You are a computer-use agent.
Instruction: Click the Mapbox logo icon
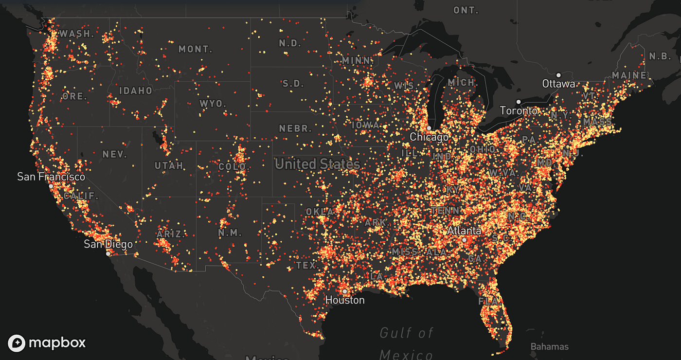point(17,343)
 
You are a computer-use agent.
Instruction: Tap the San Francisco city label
point(51,177)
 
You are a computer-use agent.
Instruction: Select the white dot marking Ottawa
point(559,75)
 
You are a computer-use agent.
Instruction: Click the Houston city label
point(345,300)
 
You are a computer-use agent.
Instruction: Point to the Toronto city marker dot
point(519,102)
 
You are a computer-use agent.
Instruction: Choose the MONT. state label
point(196,49)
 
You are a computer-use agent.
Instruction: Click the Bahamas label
point(549,347)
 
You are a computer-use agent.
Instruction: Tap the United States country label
point(317,164)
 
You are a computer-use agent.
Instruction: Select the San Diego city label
point(108,244)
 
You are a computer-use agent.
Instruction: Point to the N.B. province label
point(660,56)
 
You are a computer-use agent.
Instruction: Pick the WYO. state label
point(213,104)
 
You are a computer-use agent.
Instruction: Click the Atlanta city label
point(464,231)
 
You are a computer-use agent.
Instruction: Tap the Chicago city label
point(429,137)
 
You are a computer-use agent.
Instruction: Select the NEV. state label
point(115,154)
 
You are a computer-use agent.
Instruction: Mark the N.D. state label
point(290,43)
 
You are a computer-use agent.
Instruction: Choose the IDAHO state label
point(136,91)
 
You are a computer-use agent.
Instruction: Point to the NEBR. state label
point(295,128)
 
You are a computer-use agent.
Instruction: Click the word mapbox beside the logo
point(57,343)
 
